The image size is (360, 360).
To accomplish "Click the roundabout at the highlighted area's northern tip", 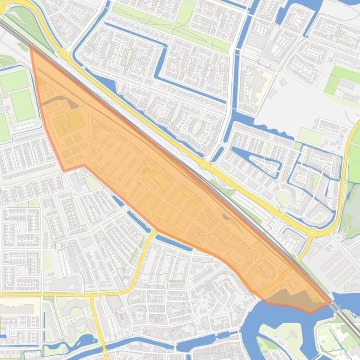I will pyautogui.click(x=64, y=55).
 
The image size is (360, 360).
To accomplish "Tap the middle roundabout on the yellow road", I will pyautogui.click(x=204, y=165).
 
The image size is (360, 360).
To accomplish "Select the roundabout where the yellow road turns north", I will pyautogui.click(x=312, y=232).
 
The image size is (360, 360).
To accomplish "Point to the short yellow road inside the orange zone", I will pyautogui.click(x=273, y=283).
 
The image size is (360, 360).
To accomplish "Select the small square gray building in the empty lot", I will pyautogui.click(x=283, y=82).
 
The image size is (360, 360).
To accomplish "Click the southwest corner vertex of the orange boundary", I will pyautogui.click(x=64, y=171).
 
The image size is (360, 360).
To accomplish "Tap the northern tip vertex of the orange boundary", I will pyautogui.click(x=31, y=47).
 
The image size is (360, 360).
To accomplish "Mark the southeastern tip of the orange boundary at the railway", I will pyautogui.click(x=330, y=303).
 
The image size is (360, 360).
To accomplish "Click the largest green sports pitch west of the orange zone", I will pyautogui.click(x=23, y=106).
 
